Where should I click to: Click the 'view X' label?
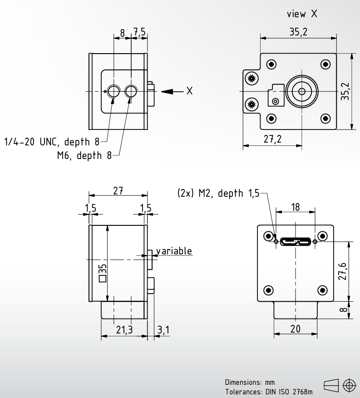pos(302,14)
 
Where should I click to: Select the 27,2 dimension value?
pos(272,139)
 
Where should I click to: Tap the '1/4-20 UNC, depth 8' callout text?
pos(52,142)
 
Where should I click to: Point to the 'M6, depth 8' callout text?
pos(84,155)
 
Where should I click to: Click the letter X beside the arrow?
pos(189,91)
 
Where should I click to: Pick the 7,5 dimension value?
pos(139,32)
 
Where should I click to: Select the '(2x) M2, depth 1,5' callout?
pos(218,193)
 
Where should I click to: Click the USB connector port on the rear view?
pos(296,241)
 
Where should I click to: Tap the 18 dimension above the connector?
pos(296,207)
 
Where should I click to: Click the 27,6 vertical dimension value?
pos(342,271)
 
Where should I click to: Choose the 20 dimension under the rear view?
pos(295,329)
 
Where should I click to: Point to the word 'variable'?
pos(174,251)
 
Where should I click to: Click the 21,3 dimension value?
pos(124,330)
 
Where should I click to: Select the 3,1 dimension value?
pos(163,330)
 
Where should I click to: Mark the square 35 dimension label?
pos(103,273)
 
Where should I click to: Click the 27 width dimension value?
pos(118,191)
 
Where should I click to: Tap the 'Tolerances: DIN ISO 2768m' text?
pos(269,392)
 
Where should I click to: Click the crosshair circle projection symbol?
pos(349,386)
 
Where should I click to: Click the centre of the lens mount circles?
pos(301,91)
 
